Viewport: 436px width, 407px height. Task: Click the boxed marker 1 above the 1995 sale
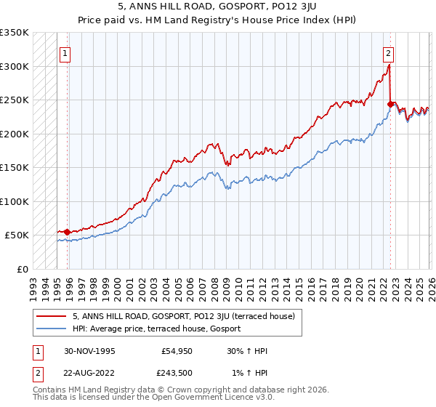pos(65,52)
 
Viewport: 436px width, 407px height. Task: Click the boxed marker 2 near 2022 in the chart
pos(389,52)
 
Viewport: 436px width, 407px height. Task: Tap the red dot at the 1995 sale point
pos(68,232)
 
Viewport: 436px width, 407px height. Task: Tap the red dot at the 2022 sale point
pos(390,105)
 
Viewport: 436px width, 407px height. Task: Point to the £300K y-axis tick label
pos(15,66)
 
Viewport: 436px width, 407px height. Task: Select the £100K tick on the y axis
pos(15,201)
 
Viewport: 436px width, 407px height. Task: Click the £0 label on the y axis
pos(22,269)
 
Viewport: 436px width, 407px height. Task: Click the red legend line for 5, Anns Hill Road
pos(52,316)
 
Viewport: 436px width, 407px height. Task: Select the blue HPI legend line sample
pos(52,329)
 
